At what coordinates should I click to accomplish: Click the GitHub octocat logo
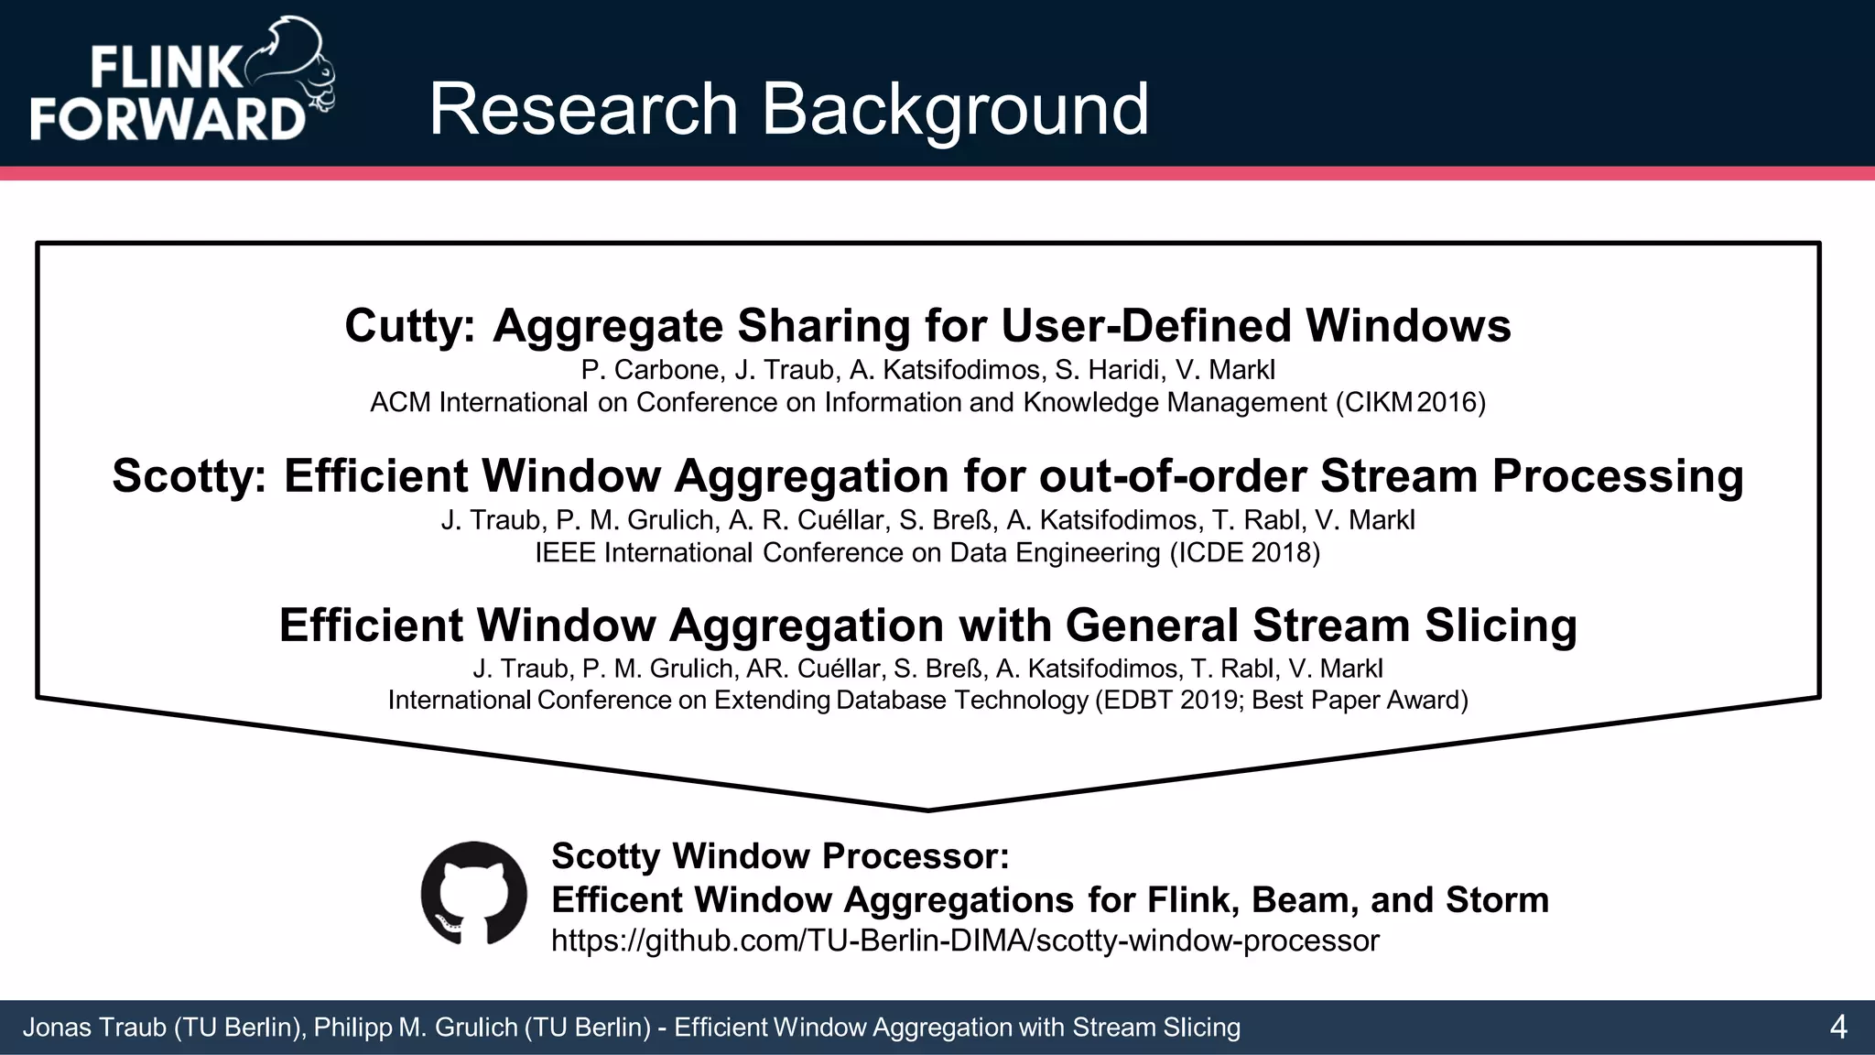pos(473,893)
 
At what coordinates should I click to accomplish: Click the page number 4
pos(1837,1028)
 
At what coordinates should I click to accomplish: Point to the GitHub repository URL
pos(964,941)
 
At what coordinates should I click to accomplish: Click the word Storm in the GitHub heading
pos(1497,900)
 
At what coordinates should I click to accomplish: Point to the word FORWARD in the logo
pos(168,118)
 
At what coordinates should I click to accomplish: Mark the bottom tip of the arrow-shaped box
pos(927,810)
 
